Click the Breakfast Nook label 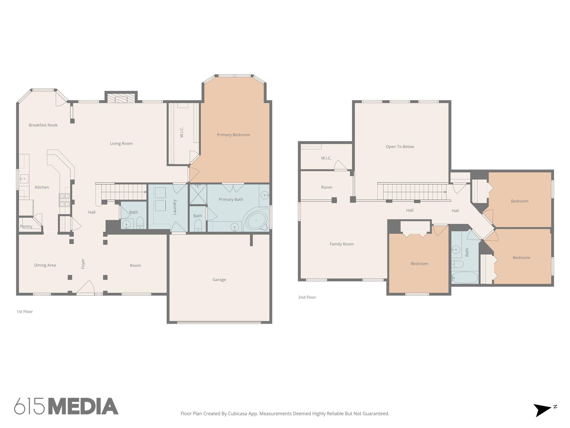[x=43, y=125]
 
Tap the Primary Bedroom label [x=233, y=135]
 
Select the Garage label [x=219, y=279]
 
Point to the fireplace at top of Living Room [x=121, y=98]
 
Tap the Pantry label [x=26, y=226]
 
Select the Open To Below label [x=400, y=147]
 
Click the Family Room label [x=341, y=244]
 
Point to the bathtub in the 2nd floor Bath [x=465, y=278]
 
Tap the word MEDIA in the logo [x=83, y=406]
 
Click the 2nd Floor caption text [x=307, y=297]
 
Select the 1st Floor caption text [x=25, y=312]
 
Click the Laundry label [x=175, y=207]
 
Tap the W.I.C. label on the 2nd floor [x=326, y=158]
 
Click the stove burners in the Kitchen [x=64, y=200]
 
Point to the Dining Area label [x=45, y=265]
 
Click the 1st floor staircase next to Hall [x=124, y=192]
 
